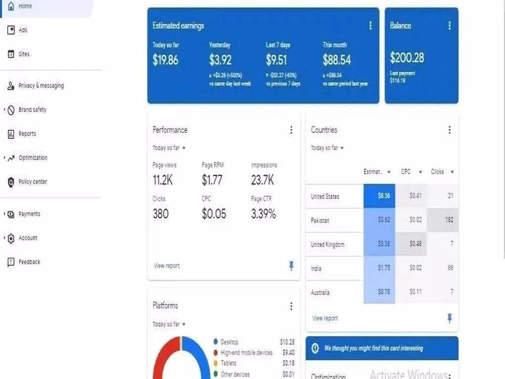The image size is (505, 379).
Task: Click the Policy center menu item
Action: pos(32,182)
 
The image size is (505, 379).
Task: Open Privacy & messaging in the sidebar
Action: pos(40,86)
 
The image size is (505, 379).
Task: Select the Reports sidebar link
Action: pos(27,134)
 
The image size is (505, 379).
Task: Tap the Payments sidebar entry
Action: pos(29,214)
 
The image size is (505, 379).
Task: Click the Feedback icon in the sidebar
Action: pos(11,262)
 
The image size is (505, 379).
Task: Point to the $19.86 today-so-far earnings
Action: pos(165,60)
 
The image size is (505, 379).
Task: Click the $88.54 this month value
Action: pos(336,60)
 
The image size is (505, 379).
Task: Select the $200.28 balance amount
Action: pos(407,58)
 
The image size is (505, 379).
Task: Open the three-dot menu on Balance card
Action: pos(449,26)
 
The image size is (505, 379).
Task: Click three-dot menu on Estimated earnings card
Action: pos(370,26)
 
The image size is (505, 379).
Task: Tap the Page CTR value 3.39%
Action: pos(263,214)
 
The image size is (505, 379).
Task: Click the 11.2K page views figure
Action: pos(163,180)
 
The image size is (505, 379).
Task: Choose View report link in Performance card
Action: pos(166,266)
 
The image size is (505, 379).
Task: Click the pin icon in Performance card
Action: pos(291,266)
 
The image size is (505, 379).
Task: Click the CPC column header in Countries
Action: pos(406,172)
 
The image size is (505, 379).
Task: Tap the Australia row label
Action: pos(320,293)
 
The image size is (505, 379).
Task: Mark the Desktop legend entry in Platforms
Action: pos(229,343)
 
